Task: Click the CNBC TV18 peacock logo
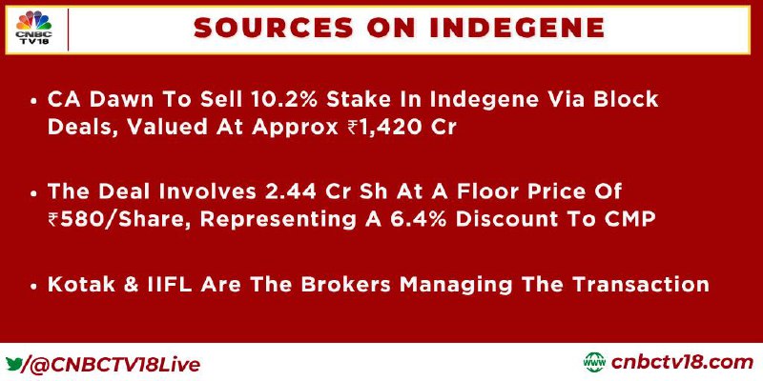(x=33, y=29)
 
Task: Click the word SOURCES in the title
(x=272, y=29)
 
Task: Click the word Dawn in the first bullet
(x=119, y=99)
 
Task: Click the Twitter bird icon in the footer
(x=14, y=363)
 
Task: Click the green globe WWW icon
(x=594, y=363)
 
